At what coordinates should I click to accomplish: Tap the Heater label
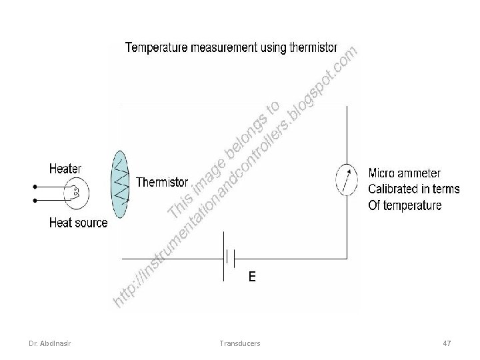coord(65,169)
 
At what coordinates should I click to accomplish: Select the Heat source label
coord(78,223)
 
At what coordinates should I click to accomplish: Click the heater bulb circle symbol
coord(77,193)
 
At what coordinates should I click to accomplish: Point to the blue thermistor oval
coord(119,184)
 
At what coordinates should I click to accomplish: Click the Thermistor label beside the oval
coord(162,182)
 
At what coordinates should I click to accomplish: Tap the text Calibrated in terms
coord(414,189)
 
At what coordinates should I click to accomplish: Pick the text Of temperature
coord(405,205)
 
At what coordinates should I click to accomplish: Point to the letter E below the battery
coord(251,276)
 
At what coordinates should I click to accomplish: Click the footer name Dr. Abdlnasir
coord(51,343)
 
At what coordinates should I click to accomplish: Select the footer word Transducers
coord(239,343)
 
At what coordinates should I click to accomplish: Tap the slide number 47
coord(447,343)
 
